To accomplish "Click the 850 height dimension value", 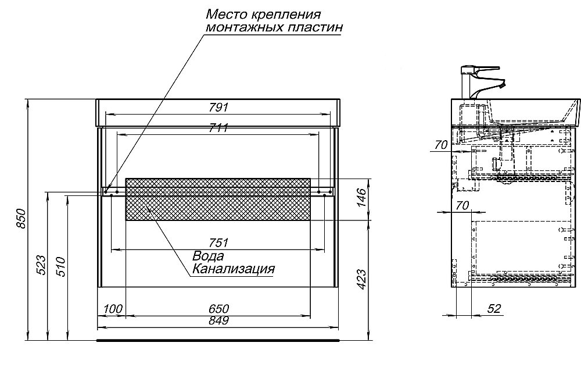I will coord(21,219).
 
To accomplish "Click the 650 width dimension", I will coord(218,309).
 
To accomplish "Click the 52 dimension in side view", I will coord(494,309).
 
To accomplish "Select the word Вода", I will coord(209,256).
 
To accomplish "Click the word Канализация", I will coord(232,269).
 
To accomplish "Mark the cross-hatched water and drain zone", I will coord(218,199).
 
